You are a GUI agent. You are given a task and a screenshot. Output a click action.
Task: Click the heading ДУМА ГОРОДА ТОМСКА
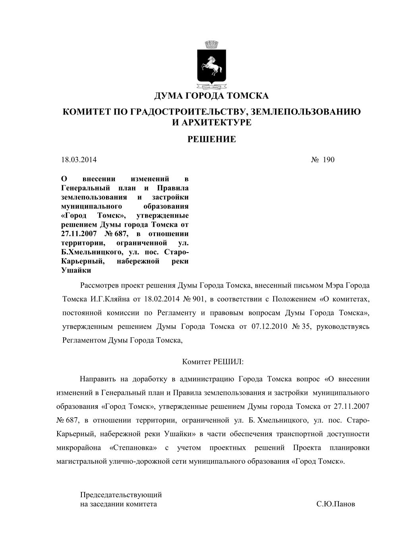pyautogui.click(x=211, y=96)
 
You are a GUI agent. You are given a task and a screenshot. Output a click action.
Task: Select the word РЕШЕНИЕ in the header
pyautogui.click(x=211, y=139)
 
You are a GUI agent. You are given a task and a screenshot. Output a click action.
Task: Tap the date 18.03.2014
pyautogui.click(x=79, y=160)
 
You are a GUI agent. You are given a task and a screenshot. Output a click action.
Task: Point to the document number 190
pyautogui.click(x=328, y=160)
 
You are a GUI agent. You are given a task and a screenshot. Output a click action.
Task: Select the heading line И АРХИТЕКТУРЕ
pyautogui.click(x=211, y=122)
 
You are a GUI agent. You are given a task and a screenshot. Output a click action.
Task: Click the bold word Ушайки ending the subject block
pyautogui.click(x=76, y=270)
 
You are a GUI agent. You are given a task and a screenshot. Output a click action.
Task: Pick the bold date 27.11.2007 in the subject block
pyautogui.click(x=78, y=234)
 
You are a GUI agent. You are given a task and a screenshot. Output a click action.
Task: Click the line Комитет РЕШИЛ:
pyautogui.click(x=212, y=362)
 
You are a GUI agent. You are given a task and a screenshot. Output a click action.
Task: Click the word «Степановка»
pyautogui.click(x=132, y=448)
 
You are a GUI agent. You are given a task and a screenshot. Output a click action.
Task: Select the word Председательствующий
pyautogui.click(x=121, y=495)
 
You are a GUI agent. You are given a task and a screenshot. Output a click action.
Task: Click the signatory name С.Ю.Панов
pyautogui.click(x=336, y=504)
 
